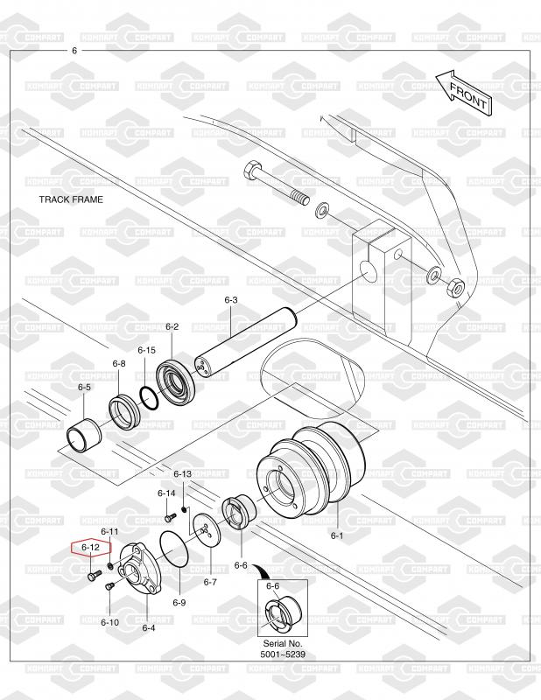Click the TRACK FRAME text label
[71, 199]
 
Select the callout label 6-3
[231, 300]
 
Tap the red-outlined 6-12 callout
[91, 547]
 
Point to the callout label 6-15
[146, 350]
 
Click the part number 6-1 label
[337, 535]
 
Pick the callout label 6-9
[179, 603]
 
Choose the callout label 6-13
[182, 473]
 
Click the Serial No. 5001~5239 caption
[283, 649]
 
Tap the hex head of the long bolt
[252, 171]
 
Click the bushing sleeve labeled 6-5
[84, 434]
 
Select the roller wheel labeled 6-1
[311, 471]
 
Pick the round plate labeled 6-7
[207, 530]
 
